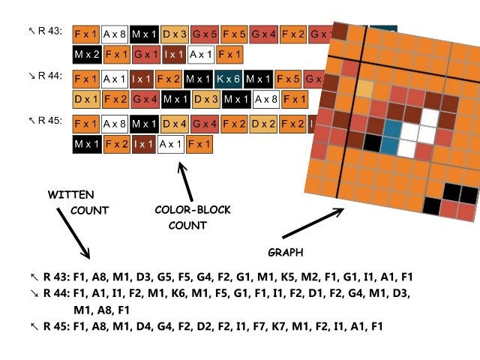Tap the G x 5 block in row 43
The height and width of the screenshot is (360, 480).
coord(205,34)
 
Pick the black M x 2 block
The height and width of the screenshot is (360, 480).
coord(87,54)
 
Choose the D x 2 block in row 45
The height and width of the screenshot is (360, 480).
coord(263,124)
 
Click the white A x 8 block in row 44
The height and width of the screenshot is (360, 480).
coord(266,99)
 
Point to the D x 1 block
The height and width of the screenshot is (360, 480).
coord(87,99)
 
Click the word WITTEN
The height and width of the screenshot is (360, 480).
coord(71,195)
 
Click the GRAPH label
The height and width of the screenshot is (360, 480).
coord(285,251)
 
